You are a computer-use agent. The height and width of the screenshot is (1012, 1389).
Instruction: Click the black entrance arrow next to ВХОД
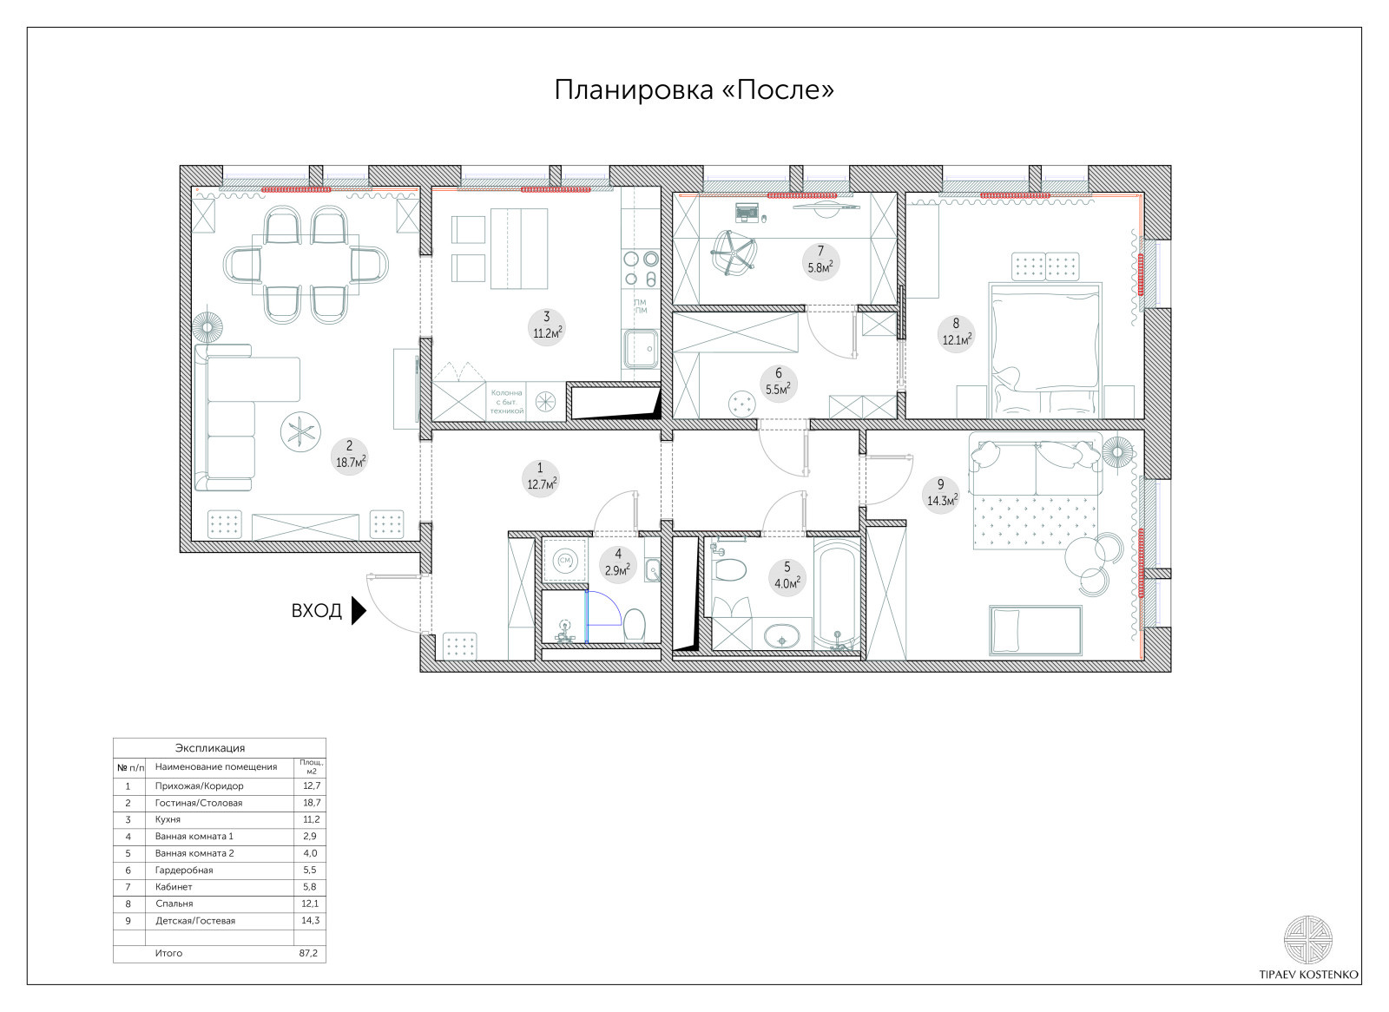pyautogui.click(x=359, y=611)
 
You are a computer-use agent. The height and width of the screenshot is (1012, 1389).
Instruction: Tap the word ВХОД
pyautogui.click(x=316, y=611)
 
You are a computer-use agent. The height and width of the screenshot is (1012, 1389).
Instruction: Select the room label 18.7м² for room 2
pyautogui.click(x=351, y=463)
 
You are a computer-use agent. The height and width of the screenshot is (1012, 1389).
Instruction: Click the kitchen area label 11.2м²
pyautogui.click(x=548, y=333)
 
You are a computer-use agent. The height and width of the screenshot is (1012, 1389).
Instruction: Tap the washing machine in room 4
pyautogui.click(x=565, y=561)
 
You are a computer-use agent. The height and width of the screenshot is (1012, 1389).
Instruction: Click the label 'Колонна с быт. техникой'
pyautogui.click(x=507, y=402)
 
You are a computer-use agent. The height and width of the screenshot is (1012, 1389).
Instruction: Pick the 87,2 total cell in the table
pyautogui.click(x=308, y=953)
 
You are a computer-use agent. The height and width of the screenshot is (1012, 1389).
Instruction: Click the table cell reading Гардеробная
pyautogui.click(x=184, y=870)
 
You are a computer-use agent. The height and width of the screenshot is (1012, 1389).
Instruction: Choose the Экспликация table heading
pyautogui.click(x=210, y=748)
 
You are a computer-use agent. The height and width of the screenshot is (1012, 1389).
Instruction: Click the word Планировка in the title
pyautogui.click(x=634, y=90)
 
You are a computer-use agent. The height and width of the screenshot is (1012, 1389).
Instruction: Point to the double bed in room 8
pyautogui.click(x=1045, y=351)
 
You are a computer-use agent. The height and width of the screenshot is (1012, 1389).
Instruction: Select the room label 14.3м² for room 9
pyautogui.click(x=942, y=501)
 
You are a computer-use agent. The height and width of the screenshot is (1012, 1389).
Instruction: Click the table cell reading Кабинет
pyautogui.click(x=174, y=887)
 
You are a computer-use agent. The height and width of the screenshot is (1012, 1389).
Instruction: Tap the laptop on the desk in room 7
pyautogui.click(x=747, y=212)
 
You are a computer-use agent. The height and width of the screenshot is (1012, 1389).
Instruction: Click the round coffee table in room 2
pyautogui.click(x=300, y=432)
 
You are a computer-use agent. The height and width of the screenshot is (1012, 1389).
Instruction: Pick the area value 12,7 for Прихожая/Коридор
pyautogui.click(x=312, y=785)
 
